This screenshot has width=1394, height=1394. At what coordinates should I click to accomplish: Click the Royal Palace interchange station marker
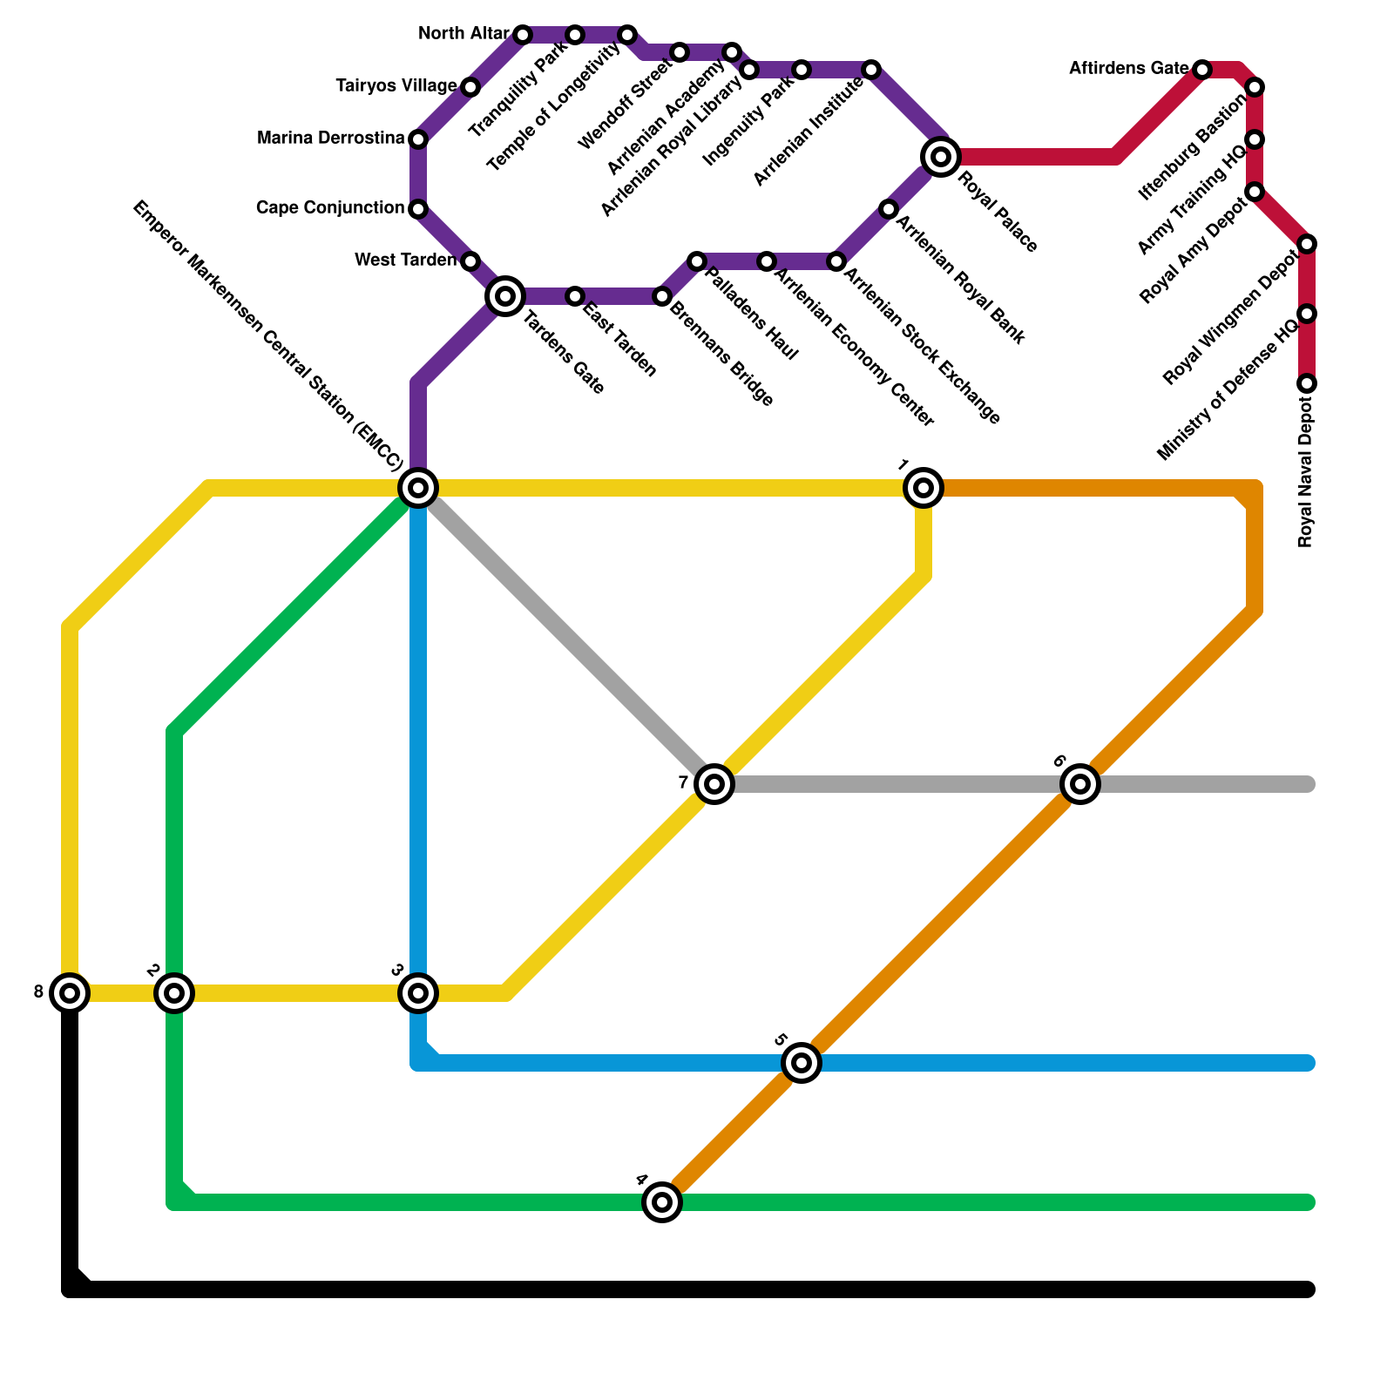tap(941, 157)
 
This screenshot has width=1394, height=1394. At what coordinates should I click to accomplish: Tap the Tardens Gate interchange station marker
tap(505, 296)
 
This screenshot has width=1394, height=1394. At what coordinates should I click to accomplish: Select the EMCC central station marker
tap(418, 487)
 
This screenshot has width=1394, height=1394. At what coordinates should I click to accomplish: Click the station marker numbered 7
tap(714, 784)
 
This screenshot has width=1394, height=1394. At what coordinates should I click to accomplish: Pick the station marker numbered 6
tap(1080, 784)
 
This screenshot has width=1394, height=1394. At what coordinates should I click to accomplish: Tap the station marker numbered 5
tap(802, 1063)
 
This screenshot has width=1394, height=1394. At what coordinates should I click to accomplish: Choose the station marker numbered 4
tap(662, 1202)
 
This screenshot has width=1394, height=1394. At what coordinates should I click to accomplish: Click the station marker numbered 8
tap(70, 992)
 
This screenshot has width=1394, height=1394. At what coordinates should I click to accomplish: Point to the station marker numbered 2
tap(174, 992)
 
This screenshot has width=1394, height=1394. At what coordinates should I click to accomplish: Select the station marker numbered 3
tap(418, 992)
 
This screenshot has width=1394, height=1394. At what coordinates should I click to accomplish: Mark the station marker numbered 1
tap(924, 487)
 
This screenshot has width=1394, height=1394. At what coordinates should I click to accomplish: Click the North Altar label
tap(464, 34)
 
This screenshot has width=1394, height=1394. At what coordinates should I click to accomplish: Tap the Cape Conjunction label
tap(330, 208)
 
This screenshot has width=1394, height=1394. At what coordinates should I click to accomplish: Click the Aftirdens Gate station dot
tap(1202, 69)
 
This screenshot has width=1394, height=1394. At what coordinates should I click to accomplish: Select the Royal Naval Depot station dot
tap(1307, 383)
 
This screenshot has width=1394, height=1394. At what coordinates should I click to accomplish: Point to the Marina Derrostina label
tap(331, 139)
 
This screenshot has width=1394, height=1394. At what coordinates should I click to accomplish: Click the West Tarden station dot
tap(470, 261)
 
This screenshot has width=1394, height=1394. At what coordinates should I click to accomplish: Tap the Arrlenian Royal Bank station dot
tap(889, 209)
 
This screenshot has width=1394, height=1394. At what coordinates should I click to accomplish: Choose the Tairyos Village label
tap(396, 86)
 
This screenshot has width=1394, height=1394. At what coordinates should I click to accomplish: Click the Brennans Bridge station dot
tap(662, 297)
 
